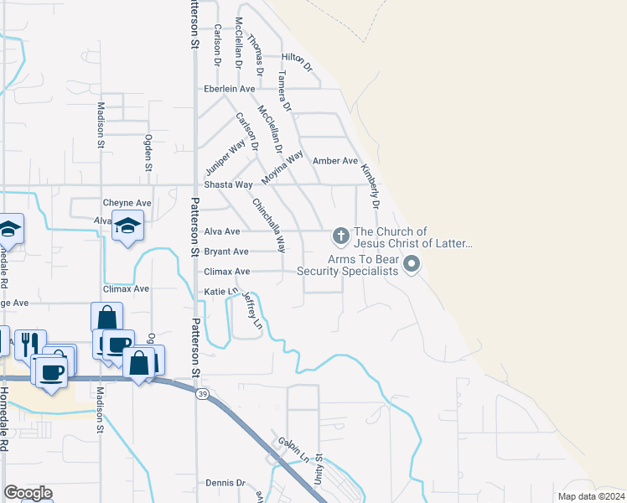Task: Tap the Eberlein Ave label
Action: (x=229, y=89)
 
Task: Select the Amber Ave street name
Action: (x=334, y=161)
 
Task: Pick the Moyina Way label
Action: (x=281, y=169)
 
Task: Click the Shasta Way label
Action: (x=228, y=184)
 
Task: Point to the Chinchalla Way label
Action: (x=269, y=224)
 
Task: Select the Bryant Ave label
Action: (x=226, y=251)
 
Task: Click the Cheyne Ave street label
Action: (x=127, y=203)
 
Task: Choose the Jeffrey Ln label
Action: (x=252, y=309)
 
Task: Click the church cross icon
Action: (x=340, y=234)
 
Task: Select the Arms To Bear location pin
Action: (x=411, y=266)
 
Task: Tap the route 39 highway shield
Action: (x=202, y=394)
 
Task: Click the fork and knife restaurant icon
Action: (x=27, y=342)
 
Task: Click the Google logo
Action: (x=28, y=493)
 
